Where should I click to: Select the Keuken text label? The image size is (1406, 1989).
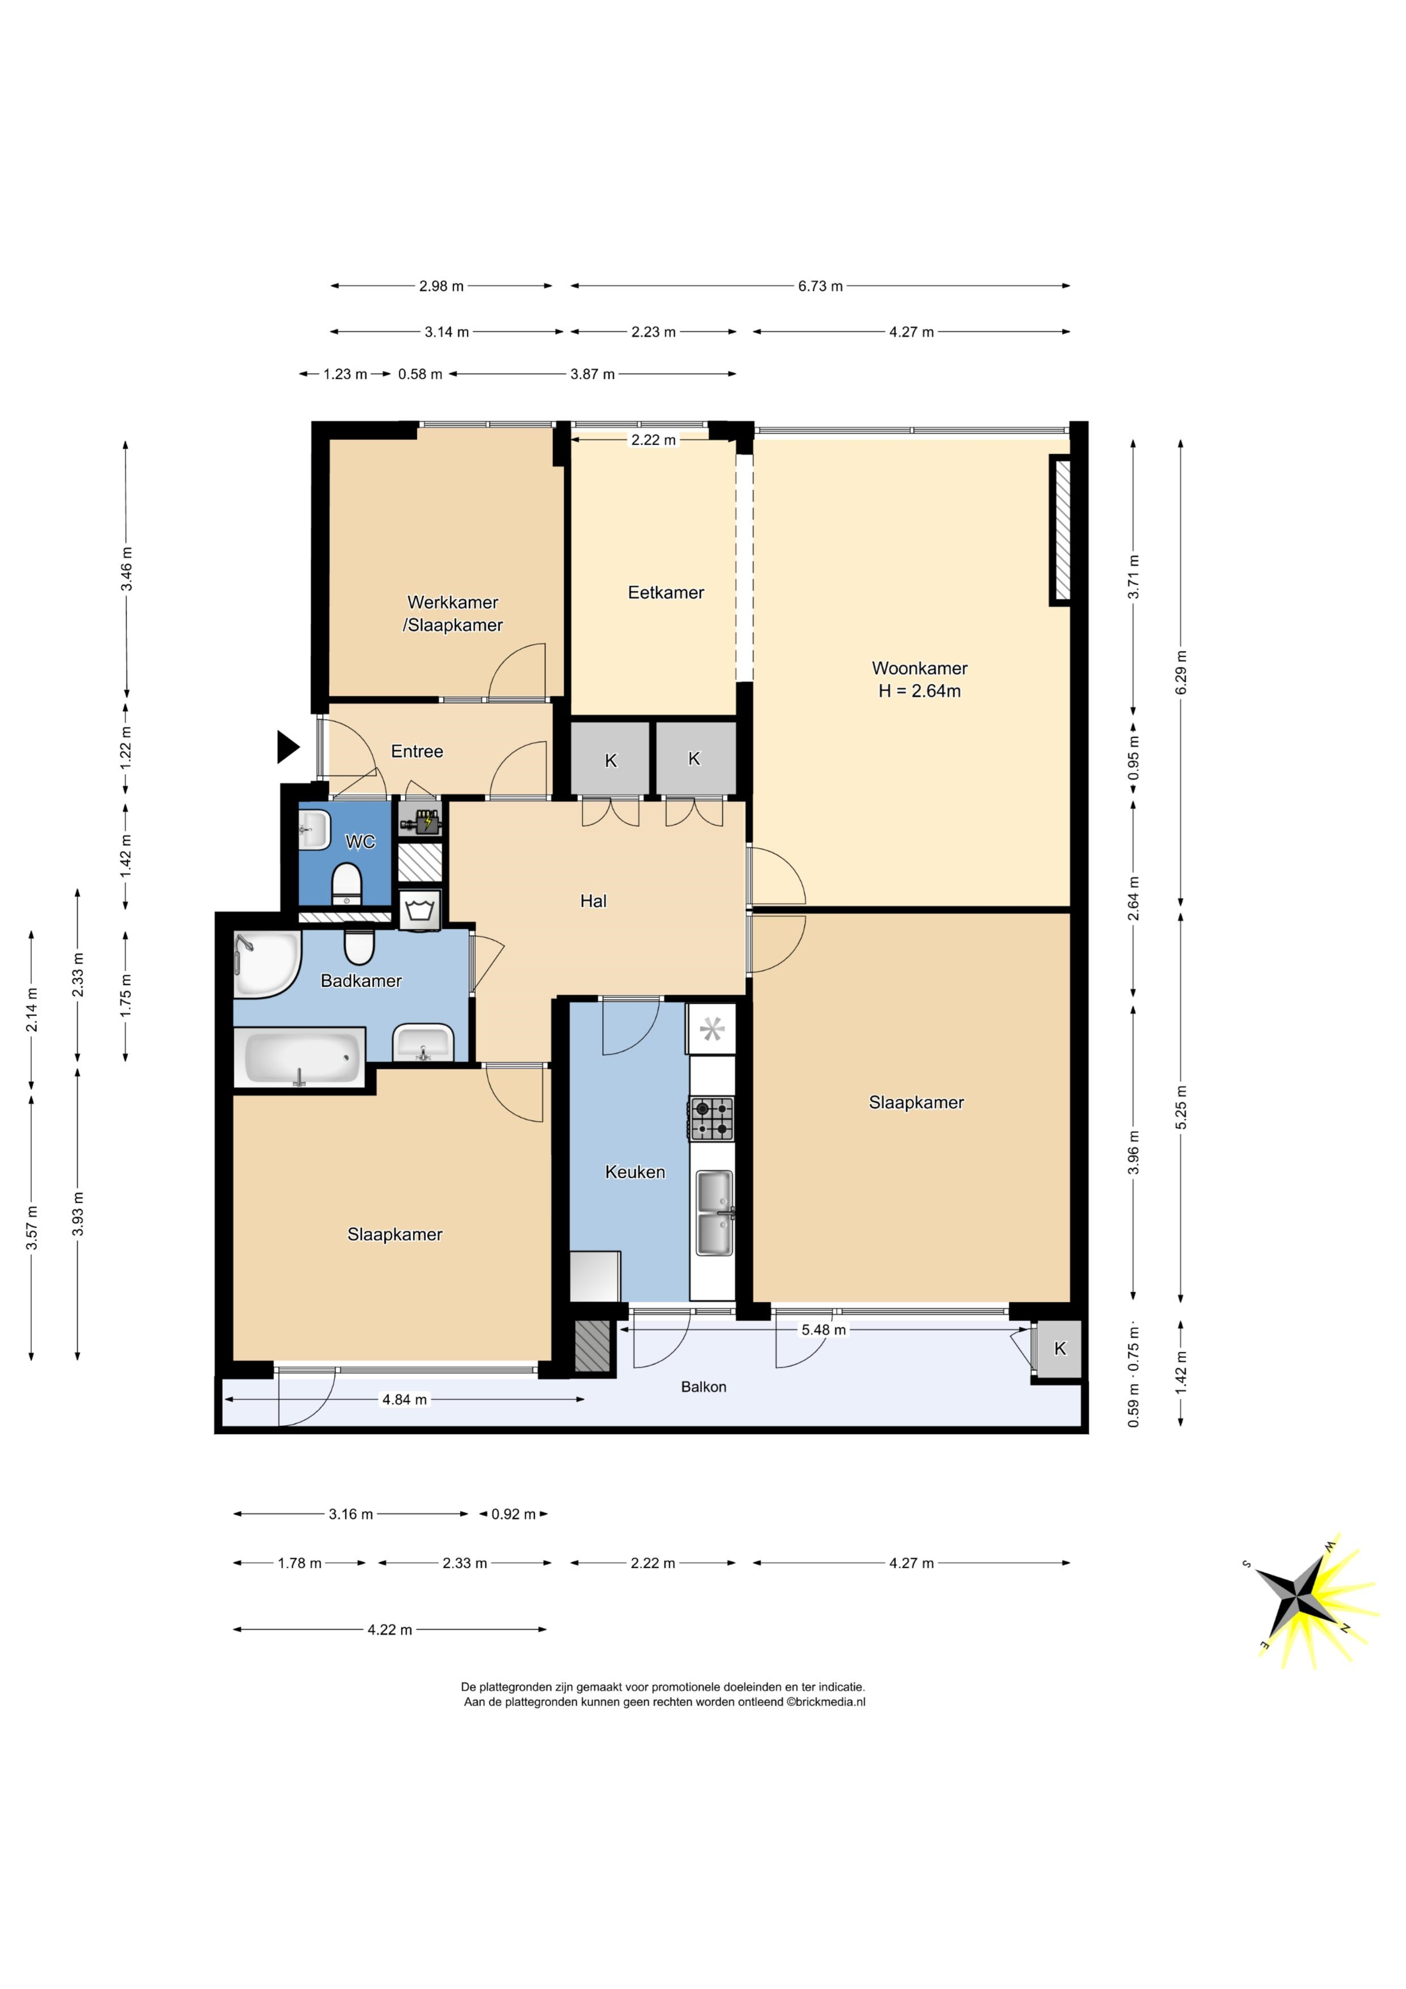(635, 1172)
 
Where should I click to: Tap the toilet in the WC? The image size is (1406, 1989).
(346, 883)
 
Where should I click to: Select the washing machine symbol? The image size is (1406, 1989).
(420, 911)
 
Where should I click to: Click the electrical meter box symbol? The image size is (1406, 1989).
(420, 819)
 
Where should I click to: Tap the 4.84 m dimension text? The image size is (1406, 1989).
(405, 1399)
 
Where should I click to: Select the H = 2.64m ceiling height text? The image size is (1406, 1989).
(919, 691)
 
